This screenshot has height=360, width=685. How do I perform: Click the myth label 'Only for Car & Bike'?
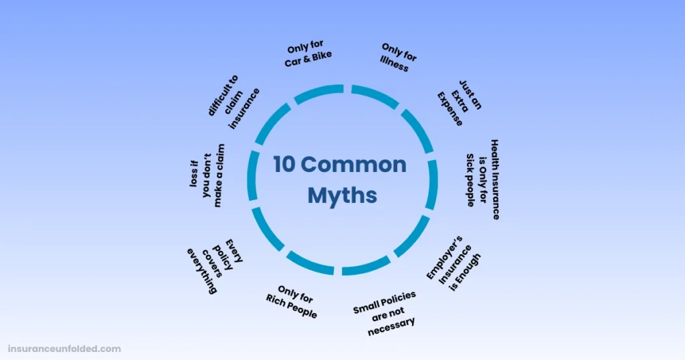click(x=308, y=54)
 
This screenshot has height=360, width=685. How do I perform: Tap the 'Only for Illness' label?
click(x=397, y=58)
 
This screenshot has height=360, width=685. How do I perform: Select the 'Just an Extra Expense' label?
click(x=460, y=102)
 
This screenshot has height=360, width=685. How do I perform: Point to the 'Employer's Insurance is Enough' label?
click(x=454, y=264)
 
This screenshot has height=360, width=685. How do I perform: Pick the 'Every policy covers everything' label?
click(x=215, y=266)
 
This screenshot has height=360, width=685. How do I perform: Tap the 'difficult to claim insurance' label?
click(x=233, y=102)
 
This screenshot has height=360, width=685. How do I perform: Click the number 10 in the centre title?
click(x=284, y=164)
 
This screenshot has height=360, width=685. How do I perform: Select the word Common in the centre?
click(x=353, y=164)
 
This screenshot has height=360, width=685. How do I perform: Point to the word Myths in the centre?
click(x=342, y=195)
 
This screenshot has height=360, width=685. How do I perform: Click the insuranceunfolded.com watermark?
click(x=64, y=349)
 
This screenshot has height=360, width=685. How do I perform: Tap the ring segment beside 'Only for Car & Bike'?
click(x=318, y=93)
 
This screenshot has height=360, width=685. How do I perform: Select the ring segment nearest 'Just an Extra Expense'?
click(x=418, y=130)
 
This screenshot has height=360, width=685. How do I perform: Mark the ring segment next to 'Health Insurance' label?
click(x=432, y=185)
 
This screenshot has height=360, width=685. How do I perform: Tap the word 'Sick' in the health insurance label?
click(x=470, y=161)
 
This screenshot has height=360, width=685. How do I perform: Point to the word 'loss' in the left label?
click(x=194, y=174)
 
